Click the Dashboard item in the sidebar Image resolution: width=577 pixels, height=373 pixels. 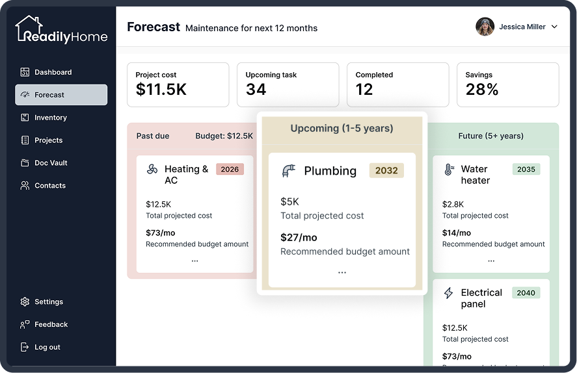(46, 72)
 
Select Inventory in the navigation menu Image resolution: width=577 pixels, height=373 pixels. (44, 118)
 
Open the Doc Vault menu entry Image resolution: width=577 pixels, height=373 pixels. (44, 163)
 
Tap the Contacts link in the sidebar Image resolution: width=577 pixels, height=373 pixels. (43, 186)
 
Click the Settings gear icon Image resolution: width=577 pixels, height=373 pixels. (25, 302)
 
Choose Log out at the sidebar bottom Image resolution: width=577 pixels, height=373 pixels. (40, 347)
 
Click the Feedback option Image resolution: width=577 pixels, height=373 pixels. (44, 324)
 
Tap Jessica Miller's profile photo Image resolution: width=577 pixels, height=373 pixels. (485, 27)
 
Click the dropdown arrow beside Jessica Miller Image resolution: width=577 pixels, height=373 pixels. (554, 27)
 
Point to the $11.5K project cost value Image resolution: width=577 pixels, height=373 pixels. (161, 90)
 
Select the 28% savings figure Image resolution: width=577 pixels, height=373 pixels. (481, 90)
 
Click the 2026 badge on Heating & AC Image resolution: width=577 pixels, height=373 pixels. (230, 169)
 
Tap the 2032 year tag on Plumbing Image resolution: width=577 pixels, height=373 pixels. (386, 170)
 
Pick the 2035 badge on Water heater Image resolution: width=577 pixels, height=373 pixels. (526, 169)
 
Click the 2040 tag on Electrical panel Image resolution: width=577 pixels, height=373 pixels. (526, 293)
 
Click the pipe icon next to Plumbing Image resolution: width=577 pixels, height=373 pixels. (289, 171)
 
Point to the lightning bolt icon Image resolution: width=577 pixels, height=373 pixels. (448, 293)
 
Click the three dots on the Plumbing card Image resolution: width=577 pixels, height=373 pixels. (342, 273)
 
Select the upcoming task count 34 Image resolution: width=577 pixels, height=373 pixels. (256, 90)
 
